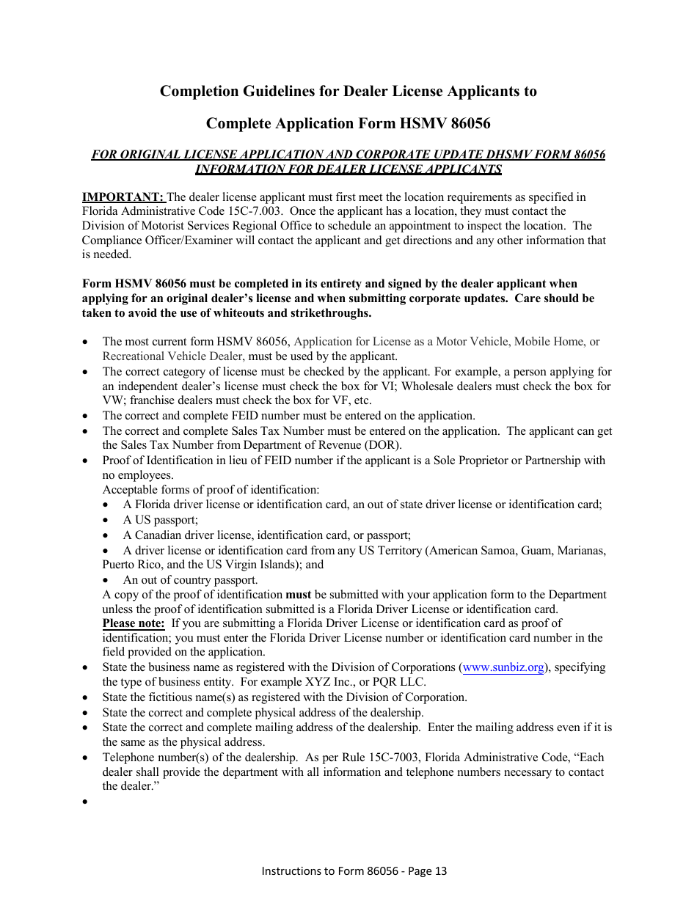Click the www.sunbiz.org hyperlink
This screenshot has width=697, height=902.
tap(504, 667)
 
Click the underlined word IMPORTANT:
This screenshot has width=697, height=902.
tap(123, 197)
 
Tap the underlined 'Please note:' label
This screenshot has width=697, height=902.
tap(134, 623)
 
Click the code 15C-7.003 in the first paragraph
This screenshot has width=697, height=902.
tap(255, 211)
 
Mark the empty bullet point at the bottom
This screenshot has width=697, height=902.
tap(87, 802)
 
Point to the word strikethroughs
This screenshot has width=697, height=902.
tap(326, 313)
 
